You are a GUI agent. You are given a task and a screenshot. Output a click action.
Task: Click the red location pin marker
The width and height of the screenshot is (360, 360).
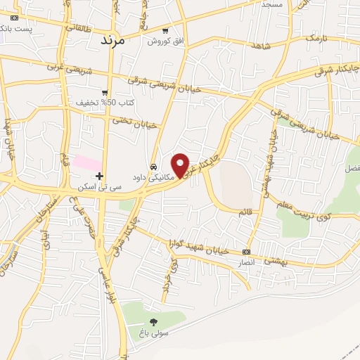coord(181,165)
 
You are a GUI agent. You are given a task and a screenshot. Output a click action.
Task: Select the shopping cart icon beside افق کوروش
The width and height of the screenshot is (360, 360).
coord(165,31)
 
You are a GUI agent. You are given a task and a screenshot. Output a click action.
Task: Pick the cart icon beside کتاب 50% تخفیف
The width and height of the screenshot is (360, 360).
coord(105,92)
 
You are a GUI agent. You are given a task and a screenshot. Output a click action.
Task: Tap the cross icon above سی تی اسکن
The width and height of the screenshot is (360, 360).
coord(100,176)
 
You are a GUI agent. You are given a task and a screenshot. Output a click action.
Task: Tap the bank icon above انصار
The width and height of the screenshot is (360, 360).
coord(246,252)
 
